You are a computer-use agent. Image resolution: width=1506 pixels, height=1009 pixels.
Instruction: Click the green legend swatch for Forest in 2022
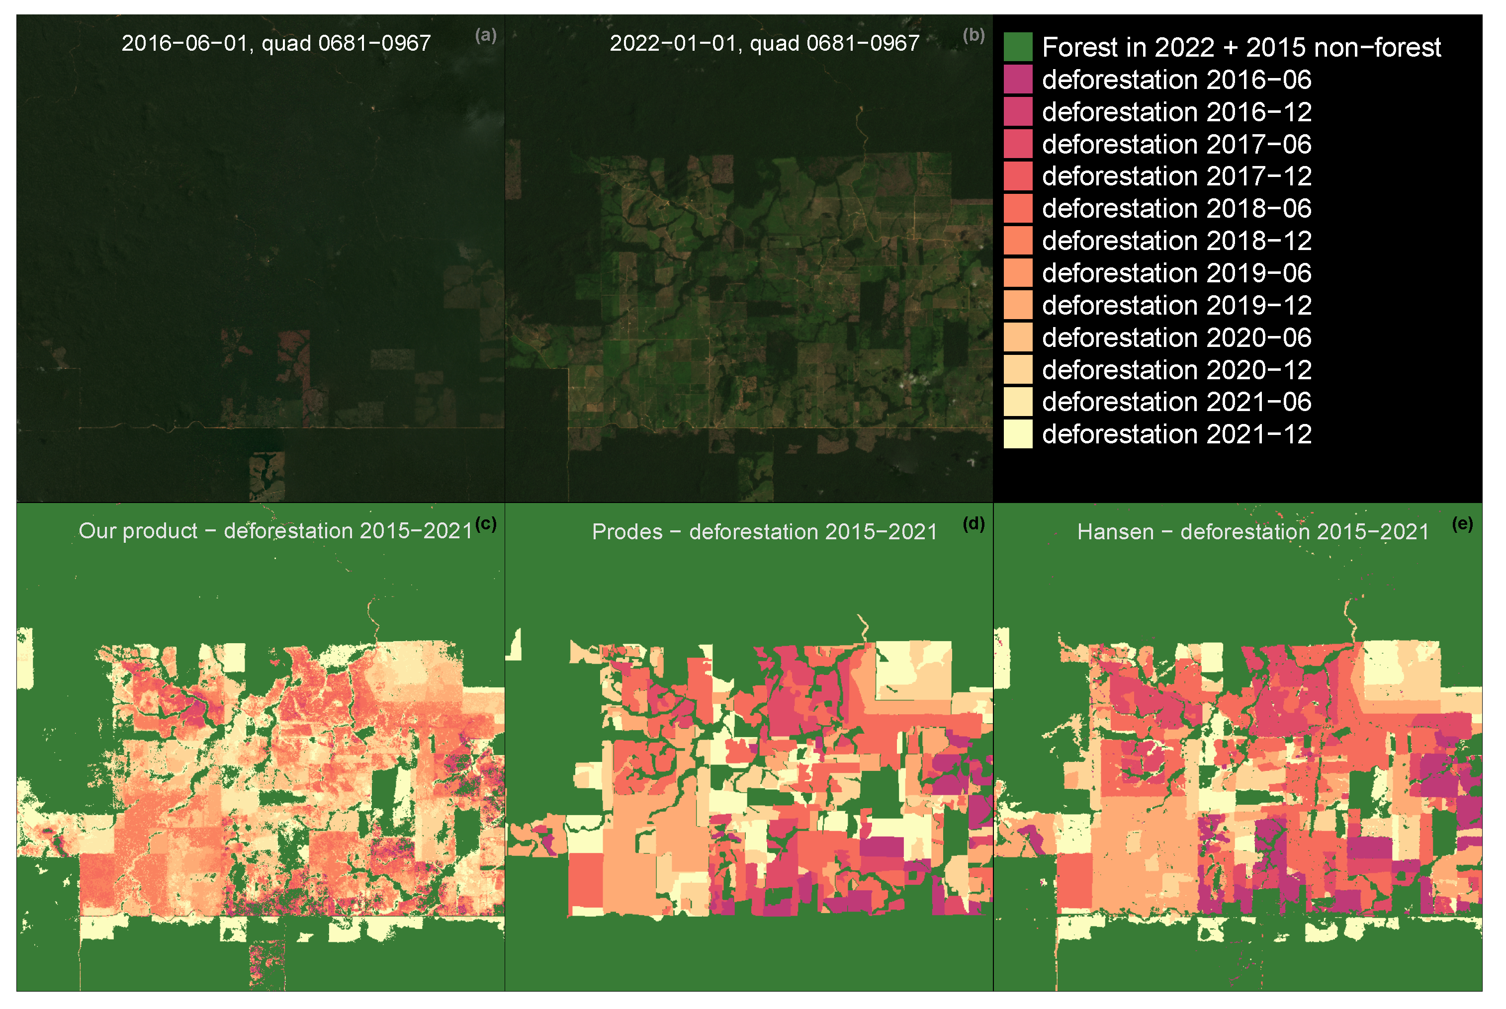(x=1018, y=47)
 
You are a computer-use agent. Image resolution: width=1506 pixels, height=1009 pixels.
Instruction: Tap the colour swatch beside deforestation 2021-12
(x=1018, y=434)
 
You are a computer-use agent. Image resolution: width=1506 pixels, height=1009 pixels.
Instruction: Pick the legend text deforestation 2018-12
(x=1176, y=241)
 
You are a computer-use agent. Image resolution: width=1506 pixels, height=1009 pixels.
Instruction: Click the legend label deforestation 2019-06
(x=1176, y=273)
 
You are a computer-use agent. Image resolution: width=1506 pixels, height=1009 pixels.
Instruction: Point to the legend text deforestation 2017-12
(x=1176, y=176)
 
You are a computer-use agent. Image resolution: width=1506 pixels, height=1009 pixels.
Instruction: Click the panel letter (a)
(x=485, y=35)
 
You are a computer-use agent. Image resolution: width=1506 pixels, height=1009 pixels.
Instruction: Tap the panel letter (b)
(x=973, y=35)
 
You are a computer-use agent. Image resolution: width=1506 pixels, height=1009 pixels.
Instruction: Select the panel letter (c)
(x=485, y=524)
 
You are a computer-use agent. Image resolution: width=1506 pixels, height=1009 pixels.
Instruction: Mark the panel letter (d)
(x=973, y=524)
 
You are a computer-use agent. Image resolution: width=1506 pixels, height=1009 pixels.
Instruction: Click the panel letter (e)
(x=1462, y=524)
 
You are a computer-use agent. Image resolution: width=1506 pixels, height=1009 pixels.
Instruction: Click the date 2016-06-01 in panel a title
(x=184, y=43)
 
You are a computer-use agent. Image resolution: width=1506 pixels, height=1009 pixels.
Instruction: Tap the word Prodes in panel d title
(x=627, y=531)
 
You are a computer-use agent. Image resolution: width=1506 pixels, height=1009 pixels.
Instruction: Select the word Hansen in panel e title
(x=1115, y=531)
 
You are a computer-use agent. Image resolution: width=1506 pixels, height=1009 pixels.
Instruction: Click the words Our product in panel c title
(x=138, y=531)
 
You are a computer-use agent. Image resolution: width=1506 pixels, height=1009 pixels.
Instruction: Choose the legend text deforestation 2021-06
(x=1176, y=402)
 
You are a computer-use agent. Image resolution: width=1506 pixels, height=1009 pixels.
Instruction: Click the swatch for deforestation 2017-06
(x=1018, y=144)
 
